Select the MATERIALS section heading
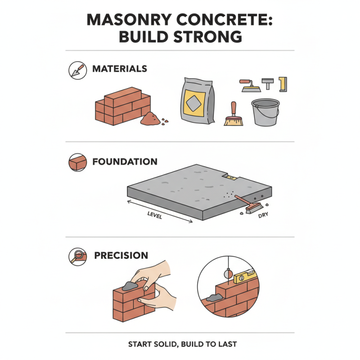coord(120,69)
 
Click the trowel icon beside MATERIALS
coord(76,70)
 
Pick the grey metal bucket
coord(265,112)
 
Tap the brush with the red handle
coord(233,115)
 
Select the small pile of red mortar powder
coord(149,119)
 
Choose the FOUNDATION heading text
coord(125,162)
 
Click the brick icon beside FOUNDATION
coord(77,163)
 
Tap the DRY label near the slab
coord(264,216)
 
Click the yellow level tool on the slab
coord(231,178)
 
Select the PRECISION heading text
coord(121,256)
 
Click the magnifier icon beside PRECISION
coord(76,256)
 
